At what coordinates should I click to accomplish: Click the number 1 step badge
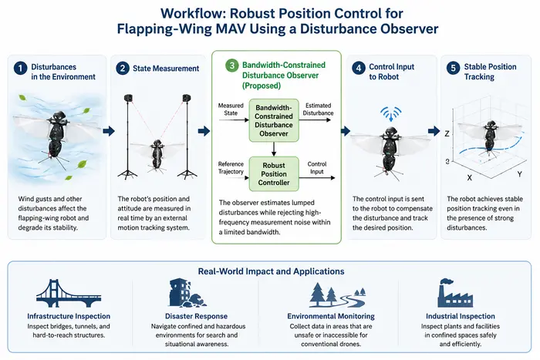[x=20, y=68]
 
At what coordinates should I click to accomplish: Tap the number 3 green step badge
[x=231, y=66]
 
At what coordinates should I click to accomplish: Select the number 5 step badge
[x=454, y=68]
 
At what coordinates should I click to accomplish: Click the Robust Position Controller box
[x=274, y=173]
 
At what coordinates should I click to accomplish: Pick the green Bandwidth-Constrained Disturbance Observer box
[x=274, y=120]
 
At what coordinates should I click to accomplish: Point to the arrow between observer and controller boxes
[x=274, y=150]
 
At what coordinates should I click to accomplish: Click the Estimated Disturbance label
[x=318, y=109]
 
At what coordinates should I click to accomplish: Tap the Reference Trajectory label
[x=231, y=167]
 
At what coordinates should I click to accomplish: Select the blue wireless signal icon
[x=391, y=113]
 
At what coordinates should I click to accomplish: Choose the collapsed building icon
[x=187, y=293]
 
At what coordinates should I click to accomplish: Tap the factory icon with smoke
[x=455, y=293]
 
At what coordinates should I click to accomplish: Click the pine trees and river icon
[x=338, y=295]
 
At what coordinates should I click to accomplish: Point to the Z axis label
[x=447, y=133]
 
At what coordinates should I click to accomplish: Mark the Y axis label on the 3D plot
[x=519, y=174]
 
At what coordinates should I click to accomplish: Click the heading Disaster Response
[x=196, y=316]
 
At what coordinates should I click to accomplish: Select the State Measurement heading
[x=166, y=69]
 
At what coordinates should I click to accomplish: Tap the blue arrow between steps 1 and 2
[x=109, y=131]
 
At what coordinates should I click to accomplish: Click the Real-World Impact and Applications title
[x=271, y=271]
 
